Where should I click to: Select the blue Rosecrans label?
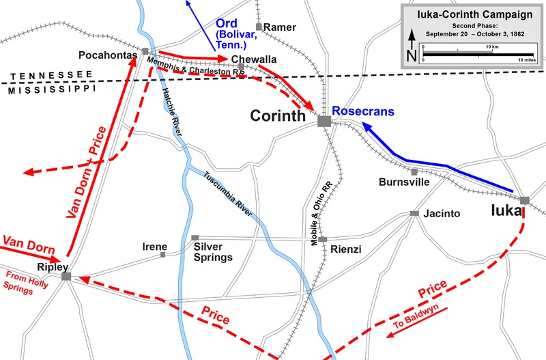pyautogui.click(x=364, y=111)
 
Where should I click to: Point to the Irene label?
pyautogui.click(x=154, y=246)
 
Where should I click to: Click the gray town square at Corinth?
pyautogui.click(x=324, y=121)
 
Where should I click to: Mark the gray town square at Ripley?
pyautogui.click(x=66, y=276)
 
